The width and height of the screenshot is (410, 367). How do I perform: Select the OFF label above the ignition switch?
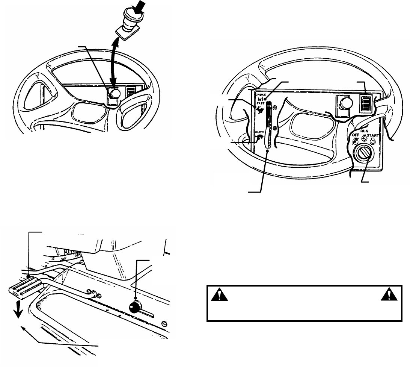356,134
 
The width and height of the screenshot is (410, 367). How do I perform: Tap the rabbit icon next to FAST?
259,108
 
